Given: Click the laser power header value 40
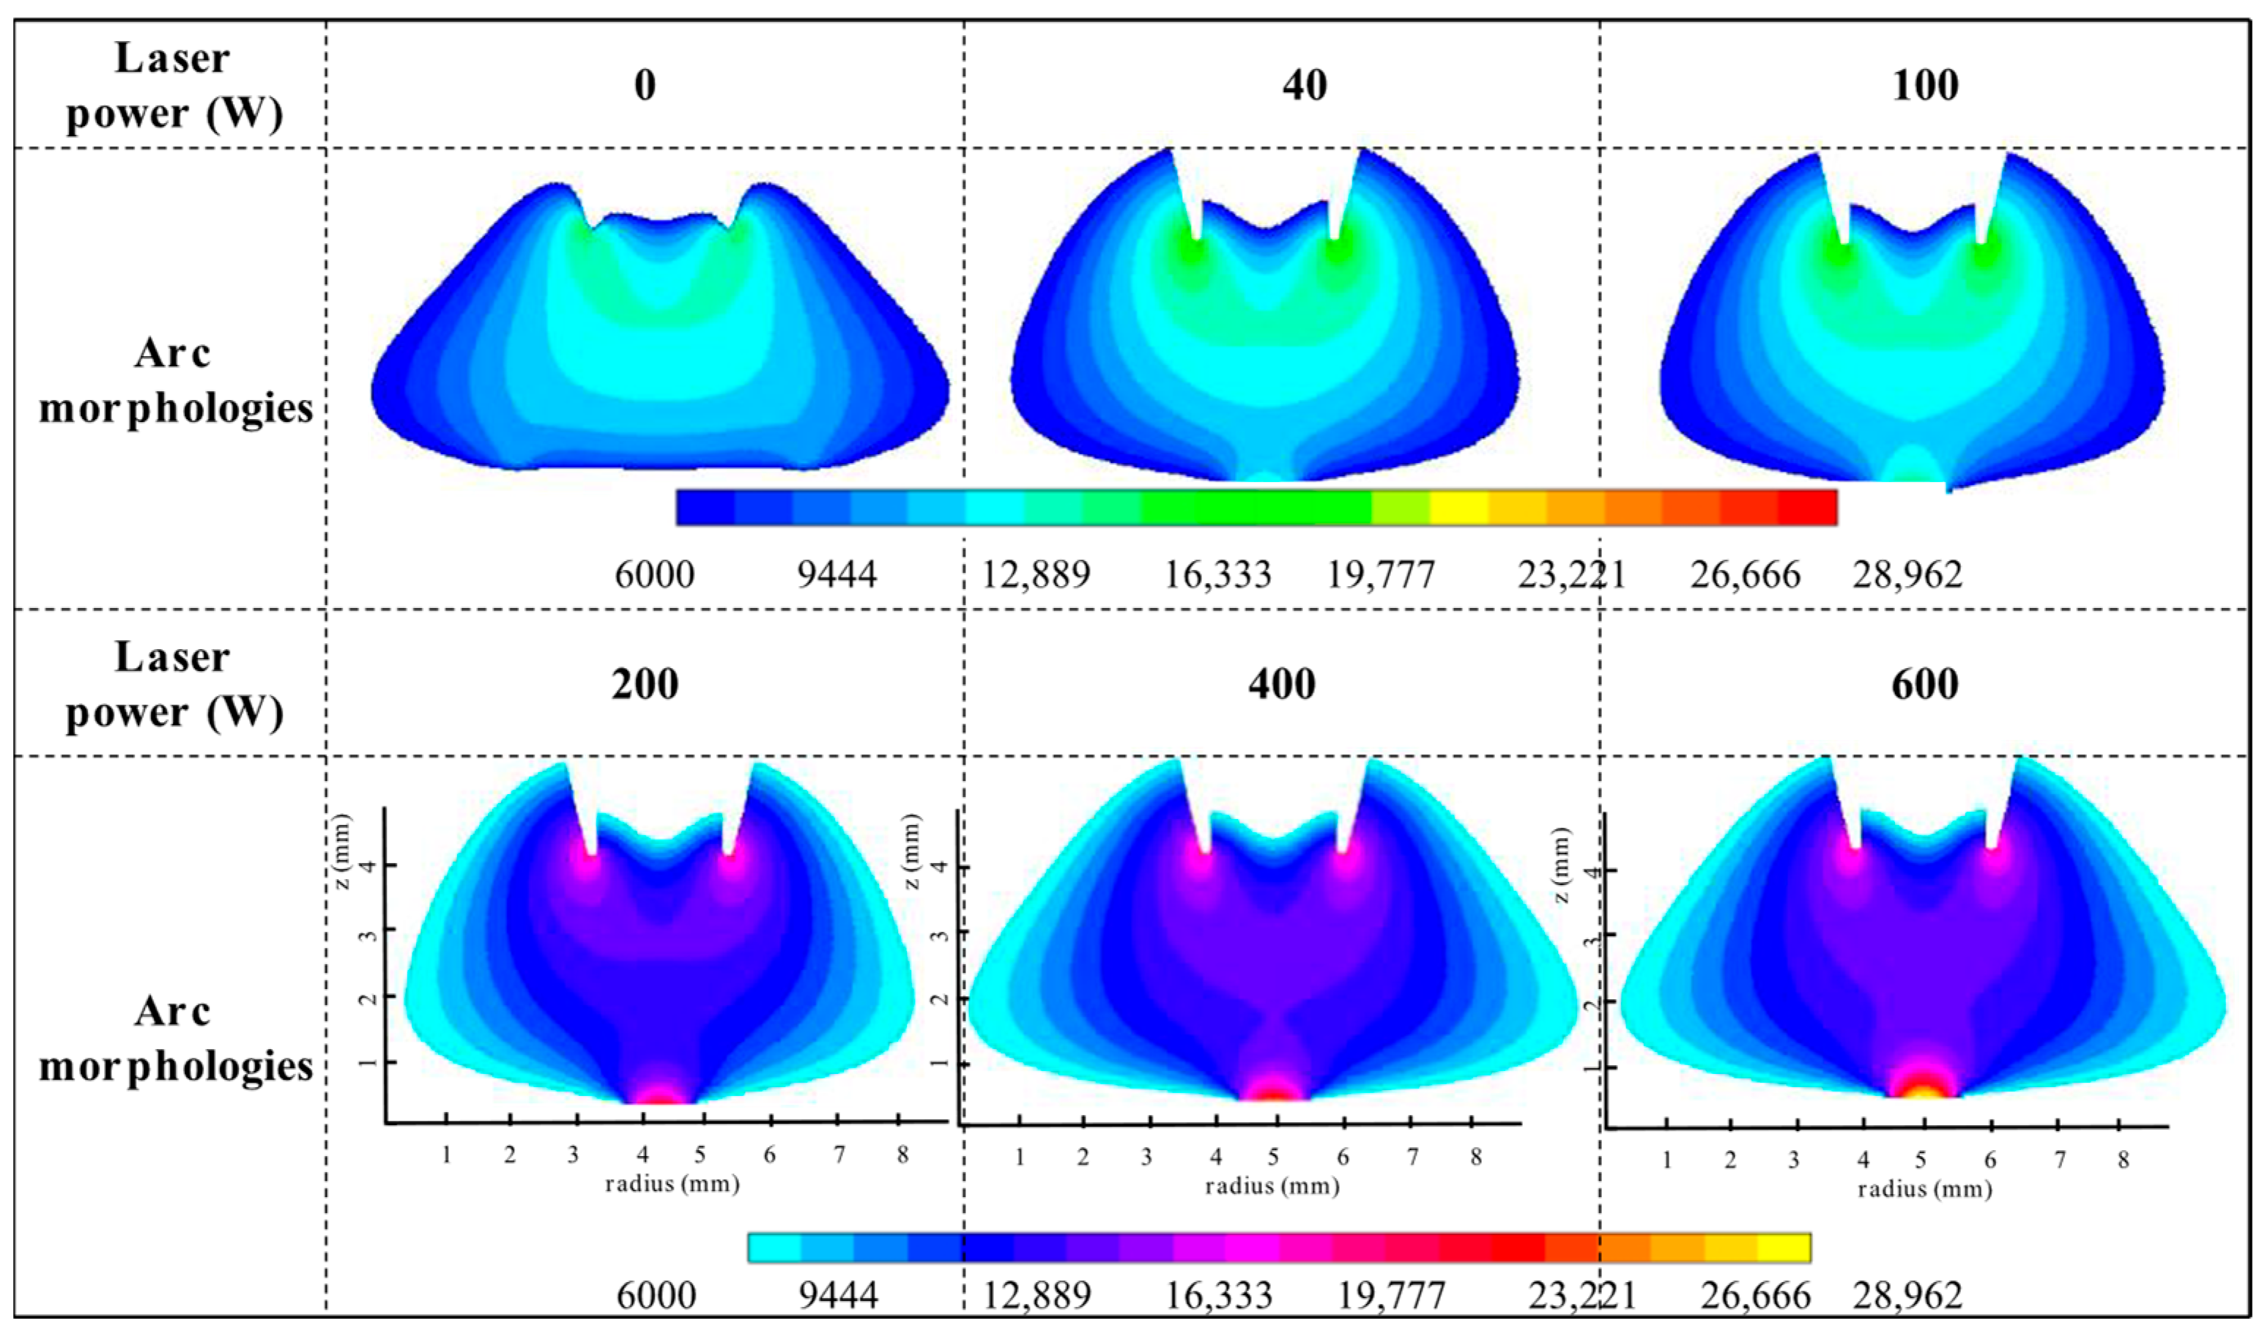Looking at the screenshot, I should (x=1304, y=86).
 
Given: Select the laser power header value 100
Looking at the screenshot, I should (x=1924, y=86).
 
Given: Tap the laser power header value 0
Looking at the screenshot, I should (x=645, y=86).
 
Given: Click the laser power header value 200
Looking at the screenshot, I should (x=645, y=685).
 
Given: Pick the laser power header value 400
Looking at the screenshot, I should (x=1281, y=685).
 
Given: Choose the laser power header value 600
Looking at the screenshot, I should (x=1924, y=685).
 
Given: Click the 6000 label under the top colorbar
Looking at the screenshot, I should (x=654, y=574).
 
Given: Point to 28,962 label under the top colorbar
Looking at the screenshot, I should (x=1907, y=574).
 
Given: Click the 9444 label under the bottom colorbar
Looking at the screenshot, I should (x=837, y=1295).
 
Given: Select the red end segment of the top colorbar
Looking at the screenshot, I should (x=1806, y=507).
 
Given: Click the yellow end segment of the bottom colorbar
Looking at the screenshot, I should (x=1783, y=1248).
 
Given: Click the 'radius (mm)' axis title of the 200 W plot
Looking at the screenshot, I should (x=672, y=1183).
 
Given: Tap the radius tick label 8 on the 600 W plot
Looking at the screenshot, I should (x=2124, y=1160).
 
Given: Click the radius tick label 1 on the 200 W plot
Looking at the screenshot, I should (x=447, y=1155).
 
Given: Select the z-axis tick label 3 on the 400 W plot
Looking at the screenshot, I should (x=939, y=933).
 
